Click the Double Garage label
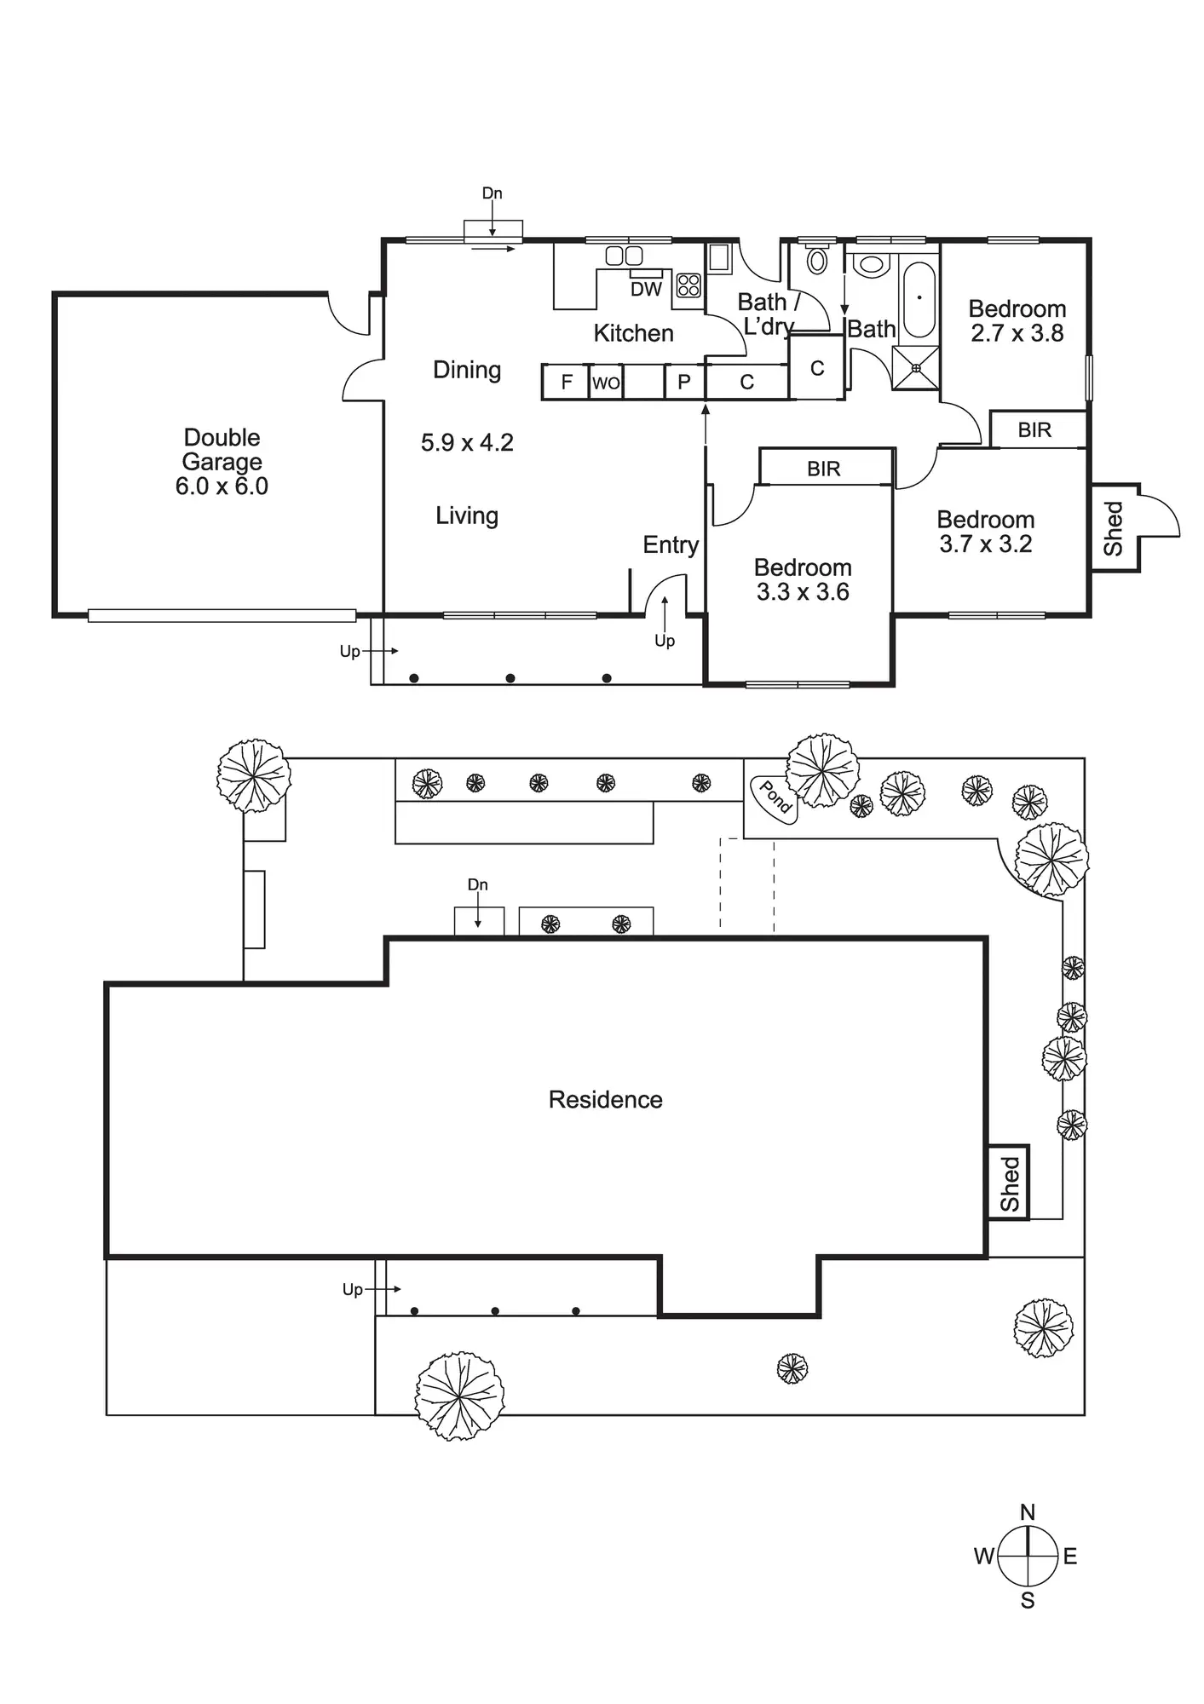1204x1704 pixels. click(x=222, y=461)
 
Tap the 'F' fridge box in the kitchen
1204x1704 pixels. click(x=567, y=383)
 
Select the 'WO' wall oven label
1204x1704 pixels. click(x=606, y=383)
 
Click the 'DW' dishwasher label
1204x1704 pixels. click(x=646, y=290)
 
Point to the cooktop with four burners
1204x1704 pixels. click(x=688, y=285)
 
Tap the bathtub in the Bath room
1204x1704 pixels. click(x=919, y=300)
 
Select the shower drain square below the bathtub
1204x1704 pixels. click(x=916, y=368)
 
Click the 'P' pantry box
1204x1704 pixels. click(x=683, y=383)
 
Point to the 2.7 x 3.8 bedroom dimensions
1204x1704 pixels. click(x=1017, y=334)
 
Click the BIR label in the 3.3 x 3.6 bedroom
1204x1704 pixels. click(x=824, y=469)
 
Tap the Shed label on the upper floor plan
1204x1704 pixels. click(x=1114, y=528)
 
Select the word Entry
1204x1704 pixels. click(x=671, y=545)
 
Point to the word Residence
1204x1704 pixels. click(x=605, y=1100)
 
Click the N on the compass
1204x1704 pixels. click(x=1028, y=1512)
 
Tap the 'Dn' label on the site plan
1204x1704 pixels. click(x=477, y=885)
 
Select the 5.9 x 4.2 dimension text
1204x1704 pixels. click(x=467, y=443)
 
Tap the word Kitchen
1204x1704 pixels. click(x=633, y=333)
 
